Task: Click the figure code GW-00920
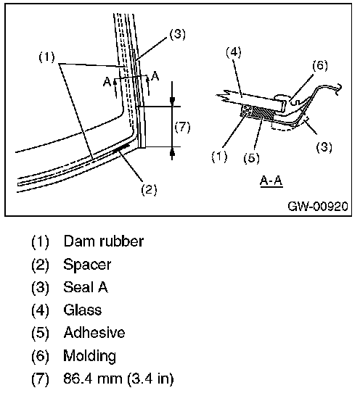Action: (x=318, y=206)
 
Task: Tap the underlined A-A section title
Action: (x=271, y=181)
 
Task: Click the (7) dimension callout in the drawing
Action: (x=182, y=127)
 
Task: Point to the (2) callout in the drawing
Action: (x=149, y=190)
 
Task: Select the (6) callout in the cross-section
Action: (x=320, y=65)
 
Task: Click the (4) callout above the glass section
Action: (x=234, y=52)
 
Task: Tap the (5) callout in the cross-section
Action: (x=251, y=158)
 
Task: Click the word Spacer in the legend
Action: (x=87, y=265)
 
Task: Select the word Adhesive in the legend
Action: (x=94, y=333)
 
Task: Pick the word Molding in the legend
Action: (x=89, y=356)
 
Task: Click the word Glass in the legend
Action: (x=83, y=310)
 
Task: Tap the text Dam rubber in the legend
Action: (x=104, y=241)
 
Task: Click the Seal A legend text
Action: (x=86, y=287)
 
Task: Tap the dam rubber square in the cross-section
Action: (x=247, y=110)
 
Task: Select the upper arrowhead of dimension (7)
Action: (x=172, y=101)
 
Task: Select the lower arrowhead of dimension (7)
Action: (x=172, y=153)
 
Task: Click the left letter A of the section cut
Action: (x=107, y=82)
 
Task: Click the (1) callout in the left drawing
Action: (x=46, y=57)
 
